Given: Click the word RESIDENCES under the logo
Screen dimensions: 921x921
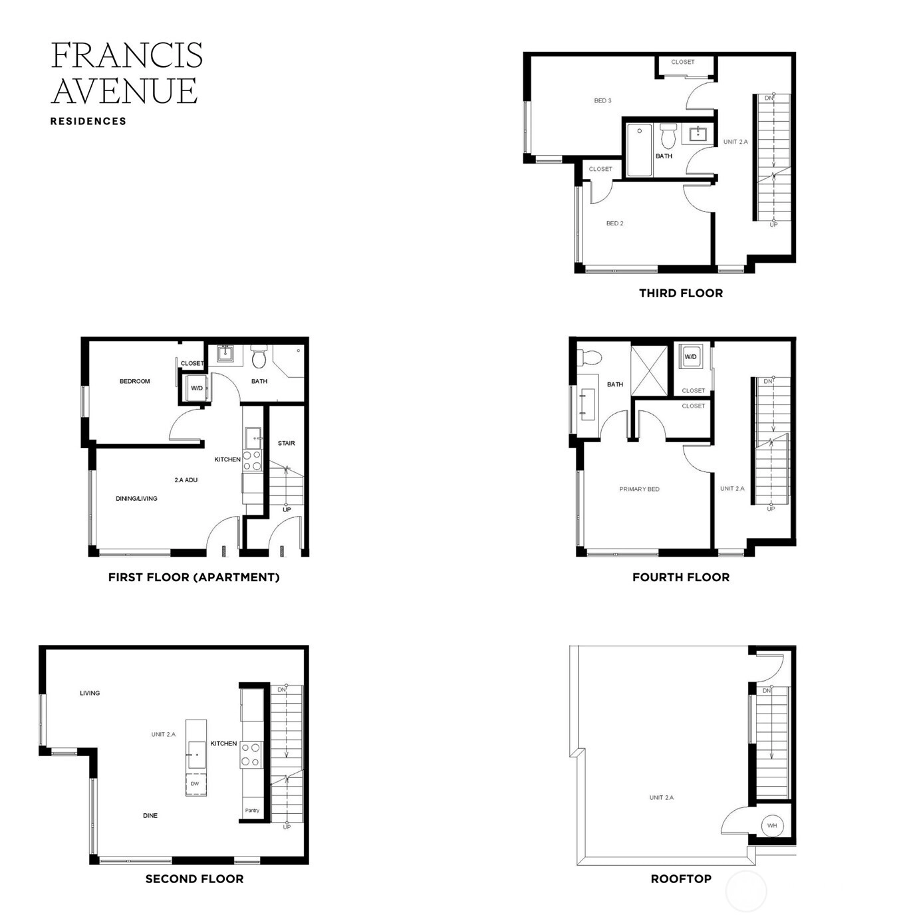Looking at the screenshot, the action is pyautogui.click(x=88, y=122).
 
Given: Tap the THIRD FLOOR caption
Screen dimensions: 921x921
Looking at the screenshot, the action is pyautogui.click(x=680, y=293).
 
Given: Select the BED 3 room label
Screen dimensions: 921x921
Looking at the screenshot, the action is pyautogui.click(x=602, y=100).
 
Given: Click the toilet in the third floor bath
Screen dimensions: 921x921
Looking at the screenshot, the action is pyautogui.click(x=668, y=136).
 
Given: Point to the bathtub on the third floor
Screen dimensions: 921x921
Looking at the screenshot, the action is pyautogui.click(x=639, y=150).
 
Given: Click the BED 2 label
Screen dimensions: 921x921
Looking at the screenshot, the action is pyautogui.click(x=614, y=223).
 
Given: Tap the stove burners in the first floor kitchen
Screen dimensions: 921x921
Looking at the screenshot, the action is pyautogui.click(x=252, y=460).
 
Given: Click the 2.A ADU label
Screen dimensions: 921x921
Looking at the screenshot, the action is pyautogui.click(x=186, y=480).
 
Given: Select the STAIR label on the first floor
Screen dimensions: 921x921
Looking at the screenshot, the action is pyautogui.click(x=287, y=443).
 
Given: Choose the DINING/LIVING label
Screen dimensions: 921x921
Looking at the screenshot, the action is pyautogui.click(x=136, y=499).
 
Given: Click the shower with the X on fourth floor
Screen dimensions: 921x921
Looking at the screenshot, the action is pyautogui.click(x=648, y=370).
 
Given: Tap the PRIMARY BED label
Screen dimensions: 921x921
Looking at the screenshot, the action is pyautogui.click(x=639, y=489).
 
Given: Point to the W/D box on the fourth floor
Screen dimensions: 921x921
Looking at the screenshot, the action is pyautogui.click(x=690, y=356).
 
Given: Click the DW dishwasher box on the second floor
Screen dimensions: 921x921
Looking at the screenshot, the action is pyautogui.click(x=196, y=784).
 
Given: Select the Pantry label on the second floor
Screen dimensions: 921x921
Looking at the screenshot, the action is pyautogui.click(x=252, y=810).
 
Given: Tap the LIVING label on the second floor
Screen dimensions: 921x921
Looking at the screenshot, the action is pyautogui.click(x=90, y=693).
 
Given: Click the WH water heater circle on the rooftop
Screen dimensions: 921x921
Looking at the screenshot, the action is pyautogui.click(x=772, y=825).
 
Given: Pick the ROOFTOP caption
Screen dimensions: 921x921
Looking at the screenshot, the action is pyautogui.click(x=680, y=878).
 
